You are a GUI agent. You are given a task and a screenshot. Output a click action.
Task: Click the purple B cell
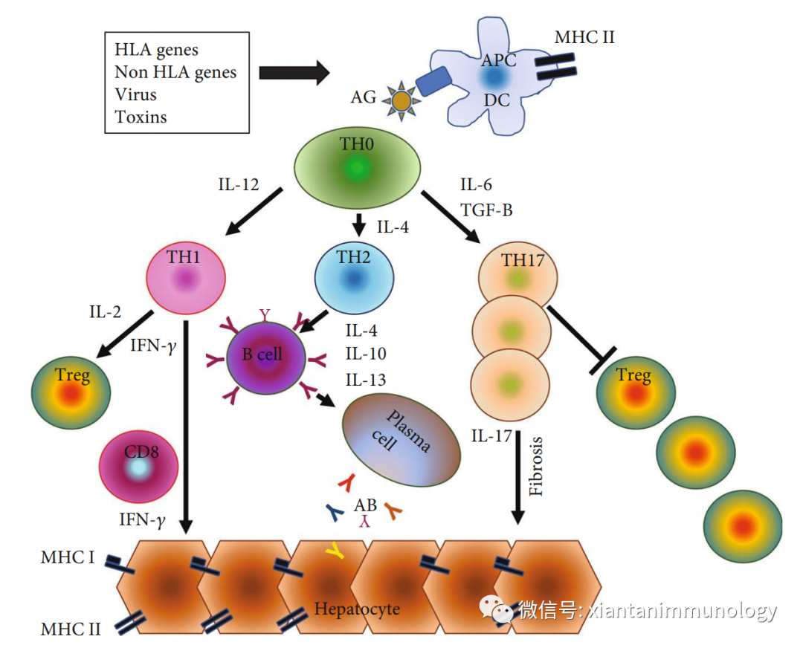[x=265, y=355]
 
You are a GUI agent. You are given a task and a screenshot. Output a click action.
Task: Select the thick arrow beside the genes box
[x=294, y=73]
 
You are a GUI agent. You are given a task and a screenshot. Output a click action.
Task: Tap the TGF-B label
[x=487, y=210]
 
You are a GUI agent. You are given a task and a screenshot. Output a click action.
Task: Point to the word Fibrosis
[x=538, y=467]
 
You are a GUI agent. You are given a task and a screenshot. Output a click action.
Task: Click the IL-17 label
[x=491, y=435]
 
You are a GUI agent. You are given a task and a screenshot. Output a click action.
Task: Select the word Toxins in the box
[x=141, y=117]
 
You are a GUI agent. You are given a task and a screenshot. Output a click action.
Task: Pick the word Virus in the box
[x=135, y=94]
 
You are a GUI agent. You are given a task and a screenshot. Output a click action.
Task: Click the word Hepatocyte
[x=357, y=609]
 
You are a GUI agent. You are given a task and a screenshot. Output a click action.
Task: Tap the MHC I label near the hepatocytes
[x=68, y=557]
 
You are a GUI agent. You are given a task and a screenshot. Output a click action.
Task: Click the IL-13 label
[x=366, y=380]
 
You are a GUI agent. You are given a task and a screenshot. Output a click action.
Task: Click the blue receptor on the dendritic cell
[x=433, y=81]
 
